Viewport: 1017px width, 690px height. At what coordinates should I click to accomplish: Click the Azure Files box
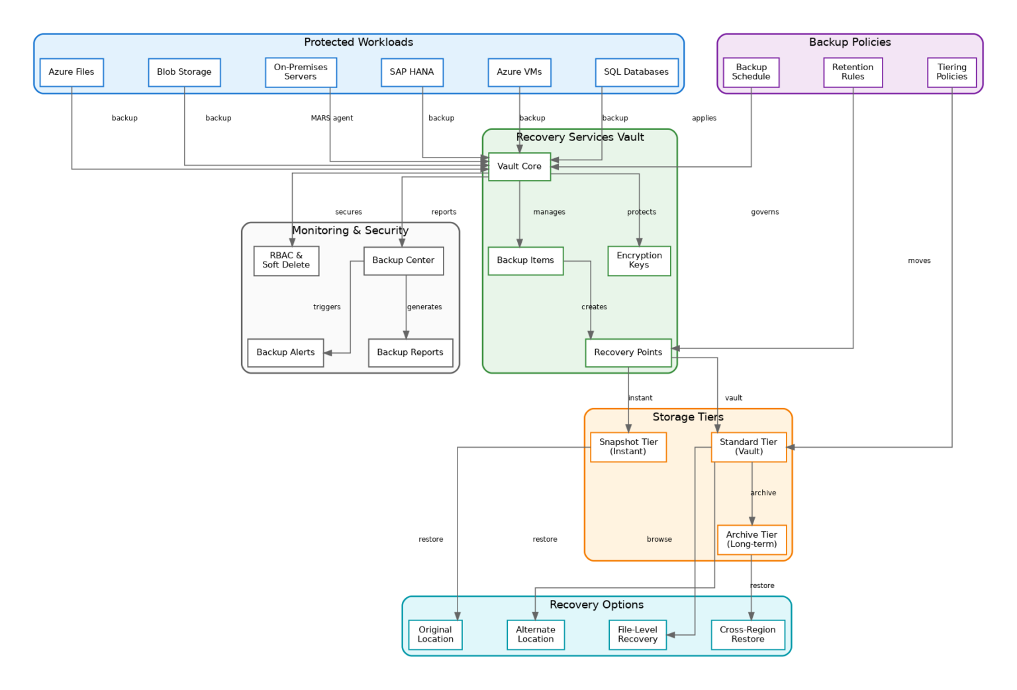pyautogui.click(x=72, y=72)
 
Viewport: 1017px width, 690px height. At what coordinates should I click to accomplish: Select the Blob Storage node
pyautogui.click(x=184, y=72)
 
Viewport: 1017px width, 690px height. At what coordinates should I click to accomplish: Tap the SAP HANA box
pyautogui.click(x=412, y=72)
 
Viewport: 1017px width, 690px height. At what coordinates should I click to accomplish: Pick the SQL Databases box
pyautogui.click(x=636, y=72)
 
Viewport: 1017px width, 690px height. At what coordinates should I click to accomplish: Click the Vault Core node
pyautogui.click(x=519, y=166)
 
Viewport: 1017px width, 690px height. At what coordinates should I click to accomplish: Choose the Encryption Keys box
pyautogui.click(x=639, y=260)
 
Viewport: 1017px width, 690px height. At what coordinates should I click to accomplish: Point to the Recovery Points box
pyautogui.click(x=628, y=352)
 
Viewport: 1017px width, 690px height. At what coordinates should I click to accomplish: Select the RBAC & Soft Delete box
pyautogui.click(x=286, y=260)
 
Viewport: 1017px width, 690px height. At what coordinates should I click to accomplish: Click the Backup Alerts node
pyautogui.click(x=285, y=352)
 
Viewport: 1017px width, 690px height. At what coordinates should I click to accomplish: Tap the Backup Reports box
pyautogui.click(x=410, y=352)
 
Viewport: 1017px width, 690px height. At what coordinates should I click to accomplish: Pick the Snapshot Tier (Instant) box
pyautogui.click(x=628, y=447)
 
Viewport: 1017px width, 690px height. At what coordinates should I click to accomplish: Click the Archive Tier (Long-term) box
pyautogui.click(x=751, y=540)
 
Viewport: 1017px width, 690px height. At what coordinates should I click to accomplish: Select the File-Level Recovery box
pyautogui.click(x=638, y=634)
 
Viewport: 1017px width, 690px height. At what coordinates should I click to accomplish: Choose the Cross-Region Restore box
pyautogui.click(x=748, y=634)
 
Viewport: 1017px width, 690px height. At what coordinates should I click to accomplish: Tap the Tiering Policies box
pyautogui.click(x=951, y=72)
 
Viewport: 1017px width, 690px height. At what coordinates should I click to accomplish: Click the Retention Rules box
pyautogui.click(x=853, y=72)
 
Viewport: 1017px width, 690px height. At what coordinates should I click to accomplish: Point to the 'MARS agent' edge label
pyautogui.click(x=332, y=119)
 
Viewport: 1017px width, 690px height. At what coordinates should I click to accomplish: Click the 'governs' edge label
pyautogui.click(x=765, y=213)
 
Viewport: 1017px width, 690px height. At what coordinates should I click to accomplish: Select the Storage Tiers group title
pyautogui.click(x=688, y=417)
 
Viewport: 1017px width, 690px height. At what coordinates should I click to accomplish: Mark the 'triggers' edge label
pyautogui.click(x=327, y=307)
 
